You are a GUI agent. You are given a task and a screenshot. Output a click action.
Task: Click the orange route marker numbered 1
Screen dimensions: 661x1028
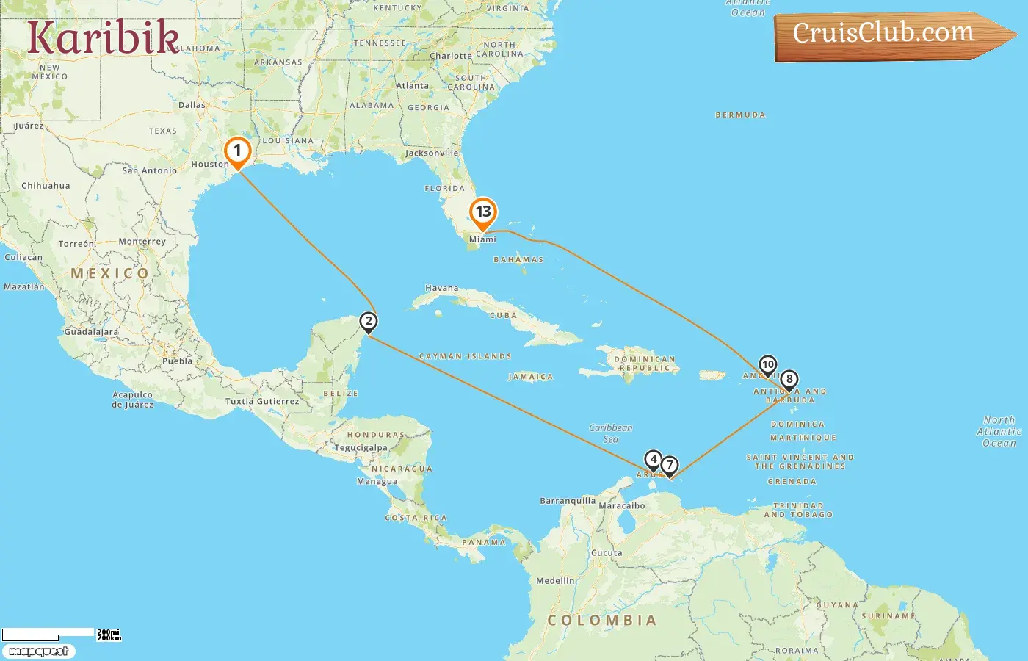click(x=237, y=151)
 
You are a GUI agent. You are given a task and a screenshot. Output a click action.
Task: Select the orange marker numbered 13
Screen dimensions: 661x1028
click(x=482, y=212)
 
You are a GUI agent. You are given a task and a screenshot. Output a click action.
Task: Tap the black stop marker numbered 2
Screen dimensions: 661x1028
click(x=369, y=322)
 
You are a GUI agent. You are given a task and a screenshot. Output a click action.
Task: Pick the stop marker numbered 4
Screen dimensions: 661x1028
click(x=653, y=460)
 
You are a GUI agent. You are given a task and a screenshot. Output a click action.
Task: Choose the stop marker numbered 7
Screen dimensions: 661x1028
click(x=669, y=465)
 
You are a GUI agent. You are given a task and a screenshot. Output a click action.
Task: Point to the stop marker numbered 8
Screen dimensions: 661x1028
click(x=789, y=380)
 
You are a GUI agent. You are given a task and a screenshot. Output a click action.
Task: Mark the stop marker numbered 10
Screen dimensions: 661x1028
click(x=767, y=365)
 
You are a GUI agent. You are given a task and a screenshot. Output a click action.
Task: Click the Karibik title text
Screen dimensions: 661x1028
click(x=103, y=37)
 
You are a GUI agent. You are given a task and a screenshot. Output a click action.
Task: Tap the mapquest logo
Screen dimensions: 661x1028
click(x=39, y=651)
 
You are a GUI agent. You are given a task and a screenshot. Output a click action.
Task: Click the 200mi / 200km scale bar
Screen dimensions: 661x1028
click(x=59, y=635)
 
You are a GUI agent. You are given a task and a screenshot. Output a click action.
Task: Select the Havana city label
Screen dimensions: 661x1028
click(x=441, y=288)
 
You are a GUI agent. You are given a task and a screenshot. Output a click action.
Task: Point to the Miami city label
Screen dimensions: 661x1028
click(x=482, y=239)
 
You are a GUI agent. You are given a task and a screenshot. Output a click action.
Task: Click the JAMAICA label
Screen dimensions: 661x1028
click(x=530, y=377)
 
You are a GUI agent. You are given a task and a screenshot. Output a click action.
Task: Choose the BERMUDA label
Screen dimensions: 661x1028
click(x=740, y=115)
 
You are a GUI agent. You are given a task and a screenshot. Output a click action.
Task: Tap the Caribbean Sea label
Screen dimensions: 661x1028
click(x=610, y=433)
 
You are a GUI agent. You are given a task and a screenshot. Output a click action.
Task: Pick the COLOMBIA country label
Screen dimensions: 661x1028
click(x=601, y=621)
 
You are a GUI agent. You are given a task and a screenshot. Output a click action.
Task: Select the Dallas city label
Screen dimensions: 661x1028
click(x=192, y=105)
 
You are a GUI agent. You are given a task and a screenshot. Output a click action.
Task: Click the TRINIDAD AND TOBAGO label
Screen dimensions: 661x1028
click(x=798, y=510)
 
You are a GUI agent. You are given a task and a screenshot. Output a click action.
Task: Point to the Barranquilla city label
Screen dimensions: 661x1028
click(x=568, y=501)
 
